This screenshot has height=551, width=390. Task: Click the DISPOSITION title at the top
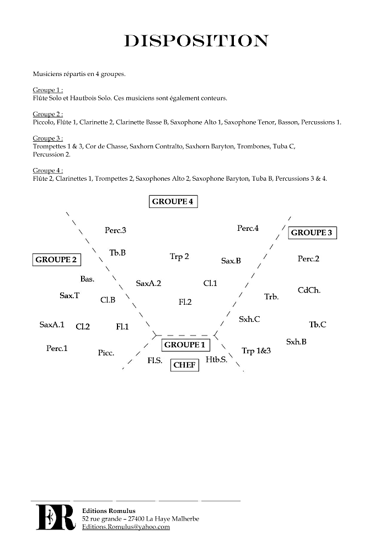[196, 41]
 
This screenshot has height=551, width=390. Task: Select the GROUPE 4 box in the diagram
[173, 202]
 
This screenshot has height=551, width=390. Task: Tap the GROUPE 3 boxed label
[312, 233]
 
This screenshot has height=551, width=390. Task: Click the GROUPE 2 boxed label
[56, 260]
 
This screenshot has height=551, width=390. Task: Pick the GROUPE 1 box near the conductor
[185, 345]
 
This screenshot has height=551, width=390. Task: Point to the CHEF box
[184, 365]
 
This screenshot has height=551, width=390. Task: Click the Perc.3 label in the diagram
[115, 230]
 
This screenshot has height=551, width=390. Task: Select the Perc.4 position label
[248, 228]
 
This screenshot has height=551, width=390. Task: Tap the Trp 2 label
[179, 256]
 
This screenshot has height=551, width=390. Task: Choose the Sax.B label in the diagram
[231, 261]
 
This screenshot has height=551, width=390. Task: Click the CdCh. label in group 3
[309, 290]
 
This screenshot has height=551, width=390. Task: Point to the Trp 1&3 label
[256, 350]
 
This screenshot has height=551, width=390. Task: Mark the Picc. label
[106, 353]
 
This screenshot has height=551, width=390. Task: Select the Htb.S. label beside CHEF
[216, 360]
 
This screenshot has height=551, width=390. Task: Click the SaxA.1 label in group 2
[52, 325]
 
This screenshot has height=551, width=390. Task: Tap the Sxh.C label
[249, 319]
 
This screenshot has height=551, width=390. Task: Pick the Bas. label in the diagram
[87, 279]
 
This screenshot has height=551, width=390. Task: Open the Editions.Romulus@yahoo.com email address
[126, 527]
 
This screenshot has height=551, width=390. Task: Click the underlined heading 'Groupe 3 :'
[47, 138]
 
